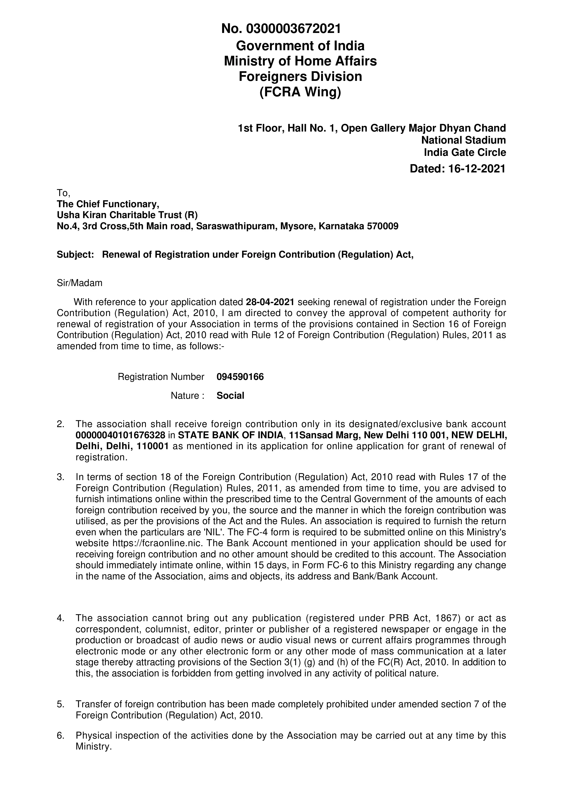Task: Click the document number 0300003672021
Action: [293, 29]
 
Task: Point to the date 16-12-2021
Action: [477, 169]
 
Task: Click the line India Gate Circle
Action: [465, 152]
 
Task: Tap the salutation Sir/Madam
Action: [79, 283]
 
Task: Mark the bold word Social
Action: [230, 396]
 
